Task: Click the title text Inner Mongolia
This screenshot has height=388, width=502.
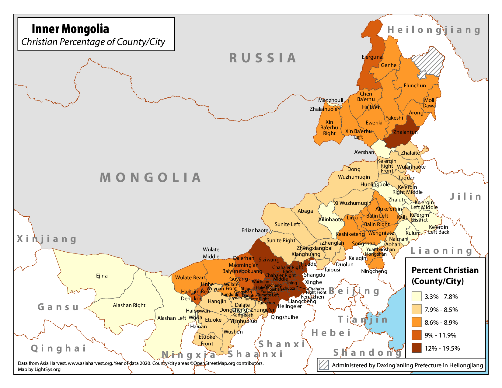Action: click(70, 29)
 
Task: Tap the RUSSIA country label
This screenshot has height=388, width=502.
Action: click(263, 58)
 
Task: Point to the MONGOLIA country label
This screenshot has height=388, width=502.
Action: click(151, 178)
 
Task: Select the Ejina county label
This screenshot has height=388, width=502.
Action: click(102, 276)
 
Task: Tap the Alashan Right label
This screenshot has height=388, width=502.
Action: click(129, 305)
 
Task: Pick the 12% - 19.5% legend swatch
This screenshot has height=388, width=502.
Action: click(417, 348)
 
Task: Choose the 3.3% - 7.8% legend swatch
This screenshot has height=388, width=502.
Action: click(417, 296)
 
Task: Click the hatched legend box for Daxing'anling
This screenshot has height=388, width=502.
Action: click(324, 365)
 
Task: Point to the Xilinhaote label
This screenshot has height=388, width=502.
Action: click(330, 219)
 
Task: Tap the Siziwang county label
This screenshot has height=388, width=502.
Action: click(269, 260)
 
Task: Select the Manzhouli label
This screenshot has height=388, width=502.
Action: click(331, 100)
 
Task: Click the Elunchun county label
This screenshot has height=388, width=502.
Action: click(415, 86)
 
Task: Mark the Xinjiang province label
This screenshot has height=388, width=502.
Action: click(47, 239)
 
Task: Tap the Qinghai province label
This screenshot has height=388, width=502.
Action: click(59, 348)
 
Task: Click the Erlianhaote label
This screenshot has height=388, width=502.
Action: click(255, 230)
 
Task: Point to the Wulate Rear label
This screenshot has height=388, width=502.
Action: click(189, 278)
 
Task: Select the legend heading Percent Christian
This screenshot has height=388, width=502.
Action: click(445, 270)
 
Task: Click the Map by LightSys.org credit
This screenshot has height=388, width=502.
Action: click(39, 369)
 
